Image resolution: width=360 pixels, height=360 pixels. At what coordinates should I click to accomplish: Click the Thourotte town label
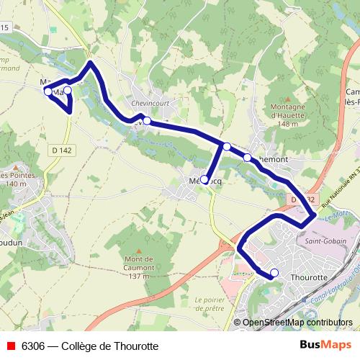[309, 276]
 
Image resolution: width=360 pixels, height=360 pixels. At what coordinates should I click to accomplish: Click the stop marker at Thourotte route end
[274, 273]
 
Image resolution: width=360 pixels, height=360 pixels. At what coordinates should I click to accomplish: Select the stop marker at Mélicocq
[204, 179]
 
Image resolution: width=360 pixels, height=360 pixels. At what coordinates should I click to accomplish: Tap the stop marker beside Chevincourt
[147, 121]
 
